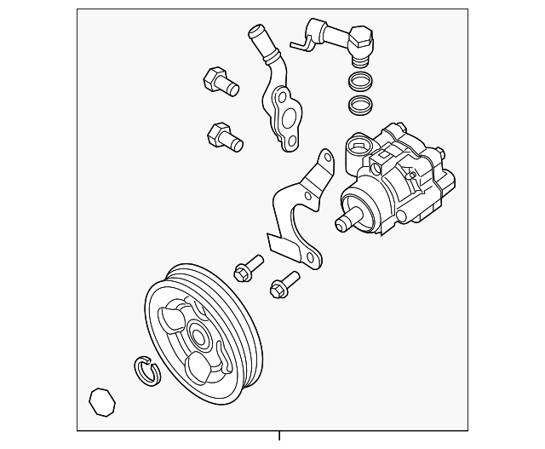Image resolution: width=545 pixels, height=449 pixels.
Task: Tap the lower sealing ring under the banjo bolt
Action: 361,105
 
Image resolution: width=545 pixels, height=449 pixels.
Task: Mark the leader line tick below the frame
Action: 278,437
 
